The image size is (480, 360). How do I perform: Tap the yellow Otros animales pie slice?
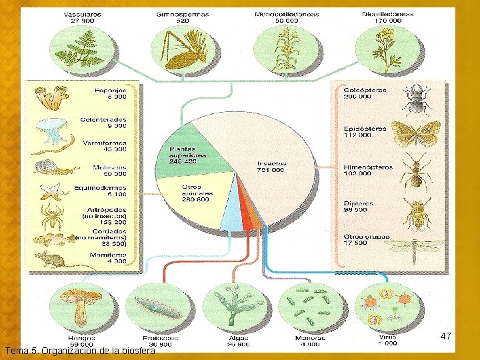(197, 193)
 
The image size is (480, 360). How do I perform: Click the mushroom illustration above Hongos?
(81, 303)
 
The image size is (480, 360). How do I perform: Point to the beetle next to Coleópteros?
(419, 98)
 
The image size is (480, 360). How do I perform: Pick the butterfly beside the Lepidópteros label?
(418, 133)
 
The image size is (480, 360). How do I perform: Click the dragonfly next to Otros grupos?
(418, 248)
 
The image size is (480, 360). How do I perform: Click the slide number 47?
(446, 337)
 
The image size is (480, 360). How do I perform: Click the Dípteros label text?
(358, 203)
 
